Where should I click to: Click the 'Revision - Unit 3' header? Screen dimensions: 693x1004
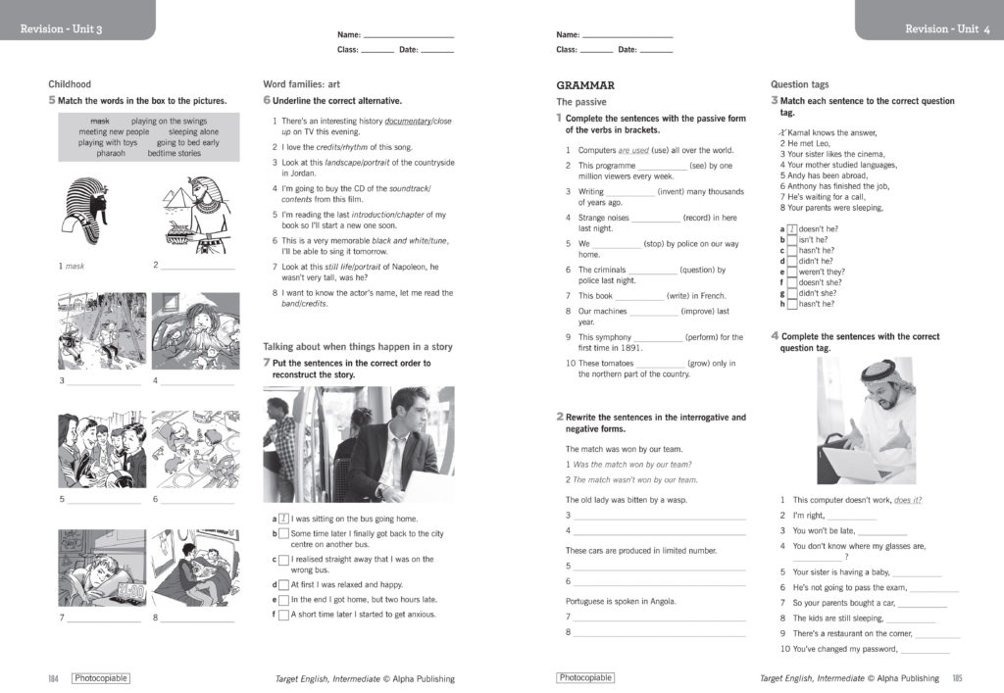point(62,29)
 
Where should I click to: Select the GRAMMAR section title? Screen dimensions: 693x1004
point(585,85)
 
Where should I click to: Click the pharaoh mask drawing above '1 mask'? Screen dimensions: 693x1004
point(89,210)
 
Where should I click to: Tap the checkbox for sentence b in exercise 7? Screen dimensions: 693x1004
point(283,534)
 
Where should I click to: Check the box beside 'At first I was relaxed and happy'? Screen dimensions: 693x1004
point(283,585)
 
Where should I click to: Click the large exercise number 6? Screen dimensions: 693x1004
point(267,101)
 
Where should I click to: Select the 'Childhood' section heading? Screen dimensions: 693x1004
point(70,85)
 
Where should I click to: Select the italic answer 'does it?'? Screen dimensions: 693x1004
point(908,500)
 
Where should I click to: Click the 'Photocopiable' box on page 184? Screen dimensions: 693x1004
point(100,678)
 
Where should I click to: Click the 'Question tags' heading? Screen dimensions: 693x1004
point(800,85)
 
